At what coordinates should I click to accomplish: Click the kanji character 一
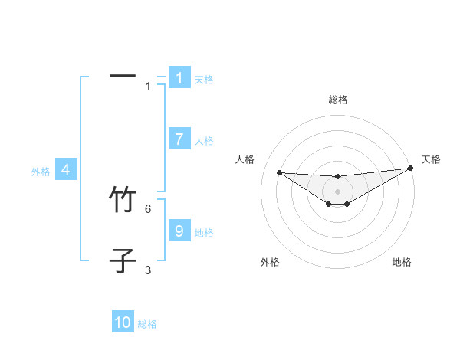coord(123,76)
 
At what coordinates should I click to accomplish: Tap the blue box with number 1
coord(179,77)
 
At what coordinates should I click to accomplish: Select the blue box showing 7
coord(179,139)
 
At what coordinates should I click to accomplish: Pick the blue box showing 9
coord(179,231)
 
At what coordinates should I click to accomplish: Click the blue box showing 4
coord(66,170)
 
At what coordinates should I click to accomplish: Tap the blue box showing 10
coord(123,322)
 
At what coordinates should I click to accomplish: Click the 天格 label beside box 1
coord(203,79)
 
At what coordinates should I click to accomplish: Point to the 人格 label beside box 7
coord(203,141)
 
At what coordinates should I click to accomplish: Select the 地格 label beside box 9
coord(203,232)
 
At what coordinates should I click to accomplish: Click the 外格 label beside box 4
coord(41,172)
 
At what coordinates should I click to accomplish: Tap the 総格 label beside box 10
coord(147,324)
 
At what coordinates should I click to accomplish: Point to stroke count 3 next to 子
coord(148,270)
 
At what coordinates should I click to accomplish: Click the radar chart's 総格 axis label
coord(337,100)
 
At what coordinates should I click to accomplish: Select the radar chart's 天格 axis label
coord(431,159)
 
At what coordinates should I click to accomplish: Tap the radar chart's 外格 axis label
coord(270,262)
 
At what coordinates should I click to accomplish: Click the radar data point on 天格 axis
coord(410,168)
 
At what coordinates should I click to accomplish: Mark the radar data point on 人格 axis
coord(279,172)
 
